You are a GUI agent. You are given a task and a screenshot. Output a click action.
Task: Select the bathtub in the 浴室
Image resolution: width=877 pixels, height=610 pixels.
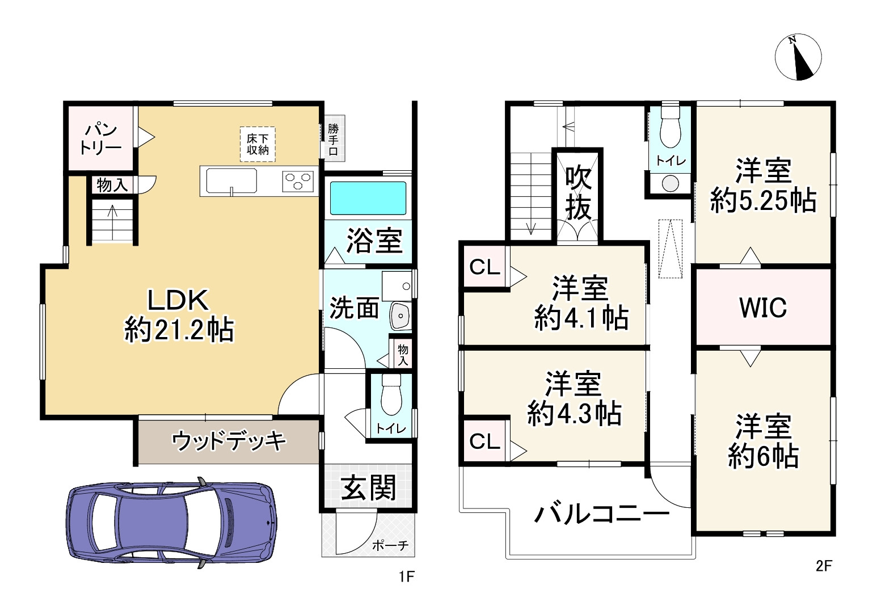pyautogui.click(x=368, y=198)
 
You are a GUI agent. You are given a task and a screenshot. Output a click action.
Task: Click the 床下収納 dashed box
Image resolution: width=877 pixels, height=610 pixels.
pyautogui.click(x=258, y=144)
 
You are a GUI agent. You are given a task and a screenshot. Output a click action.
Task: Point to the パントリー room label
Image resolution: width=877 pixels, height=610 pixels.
pyautogui.click(x=100, y=138)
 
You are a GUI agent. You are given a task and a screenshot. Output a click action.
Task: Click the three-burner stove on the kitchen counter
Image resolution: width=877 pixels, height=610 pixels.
pyautogui.click(x=298, y=182)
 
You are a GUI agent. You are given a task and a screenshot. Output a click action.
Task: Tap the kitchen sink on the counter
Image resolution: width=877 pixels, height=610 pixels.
pyautogui.click(x=231, y=180)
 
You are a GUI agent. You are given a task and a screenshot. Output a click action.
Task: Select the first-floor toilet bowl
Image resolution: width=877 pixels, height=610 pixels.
pyautogui.click(x=391, y=395)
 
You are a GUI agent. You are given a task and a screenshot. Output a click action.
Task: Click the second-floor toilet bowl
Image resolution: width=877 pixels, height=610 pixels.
pyautogui.click(x=670, y=126)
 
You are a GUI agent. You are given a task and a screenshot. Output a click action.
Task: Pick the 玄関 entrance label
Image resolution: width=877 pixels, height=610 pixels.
pyautogui.click(x=368, y=487)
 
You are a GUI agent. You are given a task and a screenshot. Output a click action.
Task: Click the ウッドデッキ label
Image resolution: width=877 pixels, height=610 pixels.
pyautogui.click(x=229, y=441)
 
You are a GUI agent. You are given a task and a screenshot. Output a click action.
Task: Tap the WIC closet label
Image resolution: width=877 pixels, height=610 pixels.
pyautogui.click(x=763, y=308)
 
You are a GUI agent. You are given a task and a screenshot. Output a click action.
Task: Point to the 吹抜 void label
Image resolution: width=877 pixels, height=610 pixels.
pyautogui.click(x=578, y=192)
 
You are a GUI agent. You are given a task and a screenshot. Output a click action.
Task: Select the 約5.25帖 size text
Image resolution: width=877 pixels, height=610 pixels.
pyautogui.click(x=764, y=201)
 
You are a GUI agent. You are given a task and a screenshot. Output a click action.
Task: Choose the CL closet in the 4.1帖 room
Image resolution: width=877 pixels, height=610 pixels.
pyautogui.click(x=484, y=267)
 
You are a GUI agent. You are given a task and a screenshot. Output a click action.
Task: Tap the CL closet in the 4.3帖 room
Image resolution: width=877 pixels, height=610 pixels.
pyautogui.click(x=484, y=441)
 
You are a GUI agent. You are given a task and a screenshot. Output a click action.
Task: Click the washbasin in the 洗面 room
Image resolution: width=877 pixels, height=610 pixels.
pyautogui.click(x=400, y=315)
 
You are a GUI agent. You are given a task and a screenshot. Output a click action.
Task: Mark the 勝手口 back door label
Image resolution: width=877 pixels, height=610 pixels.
pyautogui.click(x=333, y=140)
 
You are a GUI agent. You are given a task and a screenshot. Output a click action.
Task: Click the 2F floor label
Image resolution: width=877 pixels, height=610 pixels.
pyautogui.click(x=824, y=566)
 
